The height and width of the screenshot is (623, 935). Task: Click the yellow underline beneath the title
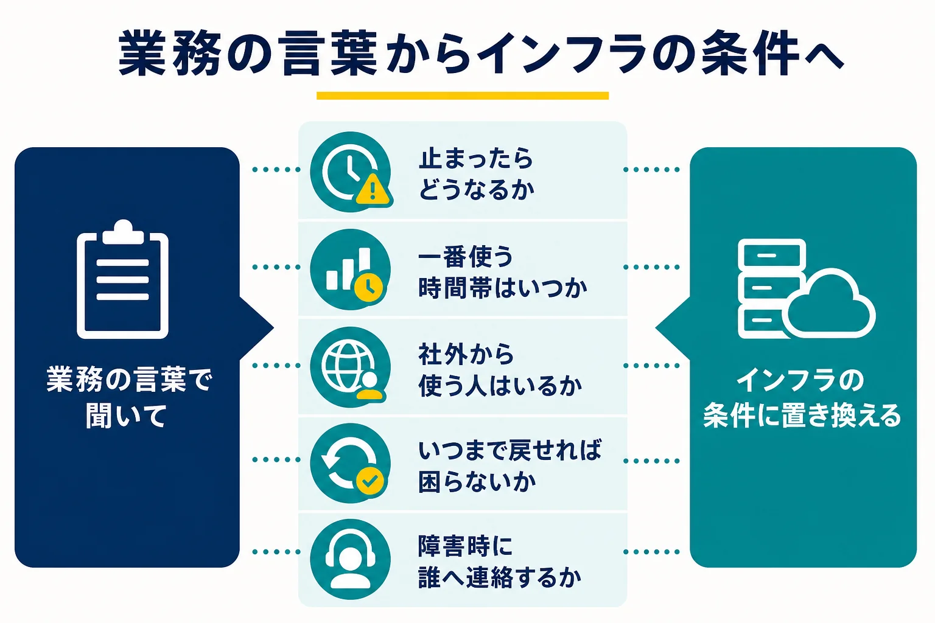(463, 96)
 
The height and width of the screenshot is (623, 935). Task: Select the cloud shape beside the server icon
(828, 304)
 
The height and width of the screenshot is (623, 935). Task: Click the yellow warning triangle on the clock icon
(373, 190)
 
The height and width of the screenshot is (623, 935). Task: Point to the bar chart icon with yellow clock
(351, 270)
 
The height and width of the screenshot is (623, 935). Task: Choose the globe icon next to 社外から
(351, 367)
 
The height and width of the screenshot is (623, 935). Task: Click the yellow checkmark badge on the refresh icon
(370, 481)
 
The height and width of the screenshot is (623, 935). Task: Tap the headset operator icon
(351, 559)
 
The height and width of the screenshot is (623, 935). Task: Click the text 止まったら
(476, 158)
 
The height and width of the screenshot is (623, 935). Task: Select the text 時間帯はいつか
(503, 288)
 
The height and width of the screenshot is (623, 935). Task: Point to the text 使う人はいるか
(500, 385)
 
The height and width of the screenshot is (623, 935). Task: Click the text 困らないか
(477, 482)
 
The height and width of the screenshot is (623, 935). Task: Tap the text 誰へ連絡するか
(500, 577)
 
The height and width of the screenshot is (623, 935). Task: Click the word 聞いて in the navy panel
(127, 416)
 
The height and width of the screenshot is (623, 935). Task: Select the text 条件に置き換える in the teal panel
(802, 416)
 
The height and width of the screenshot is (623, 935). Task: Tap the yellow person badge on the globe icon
(369, 386)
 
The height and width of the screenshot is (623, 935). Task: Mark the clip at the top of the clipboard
(123, 232)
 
